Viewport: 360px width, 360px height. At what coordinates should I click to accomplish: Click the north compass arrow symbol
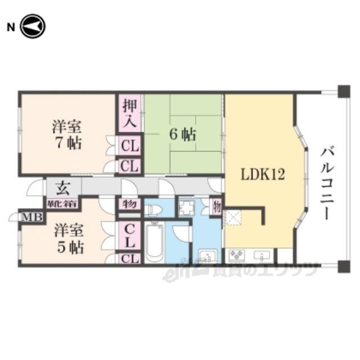32,26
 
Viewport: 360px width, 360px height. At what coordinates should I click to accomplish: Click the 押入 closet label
129,112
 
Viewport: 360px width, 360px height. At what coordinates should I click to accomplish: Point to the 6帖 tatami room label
183,134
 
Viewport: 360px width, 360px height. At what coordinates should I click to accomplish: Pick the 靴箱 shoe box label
61,202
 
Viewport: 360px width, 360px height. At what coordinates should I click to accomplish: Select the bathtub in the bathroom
154,242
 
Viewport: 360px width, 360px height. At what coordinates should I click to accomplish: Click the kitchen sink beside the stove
263,256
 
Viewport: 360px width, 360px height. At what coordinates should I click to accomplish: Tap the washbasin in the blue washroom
207,256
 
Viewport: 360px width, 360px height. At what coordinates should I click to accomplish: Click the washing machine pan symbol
186,208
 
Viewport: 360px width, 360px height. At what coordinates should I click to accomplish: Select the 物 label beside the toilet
129,204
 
